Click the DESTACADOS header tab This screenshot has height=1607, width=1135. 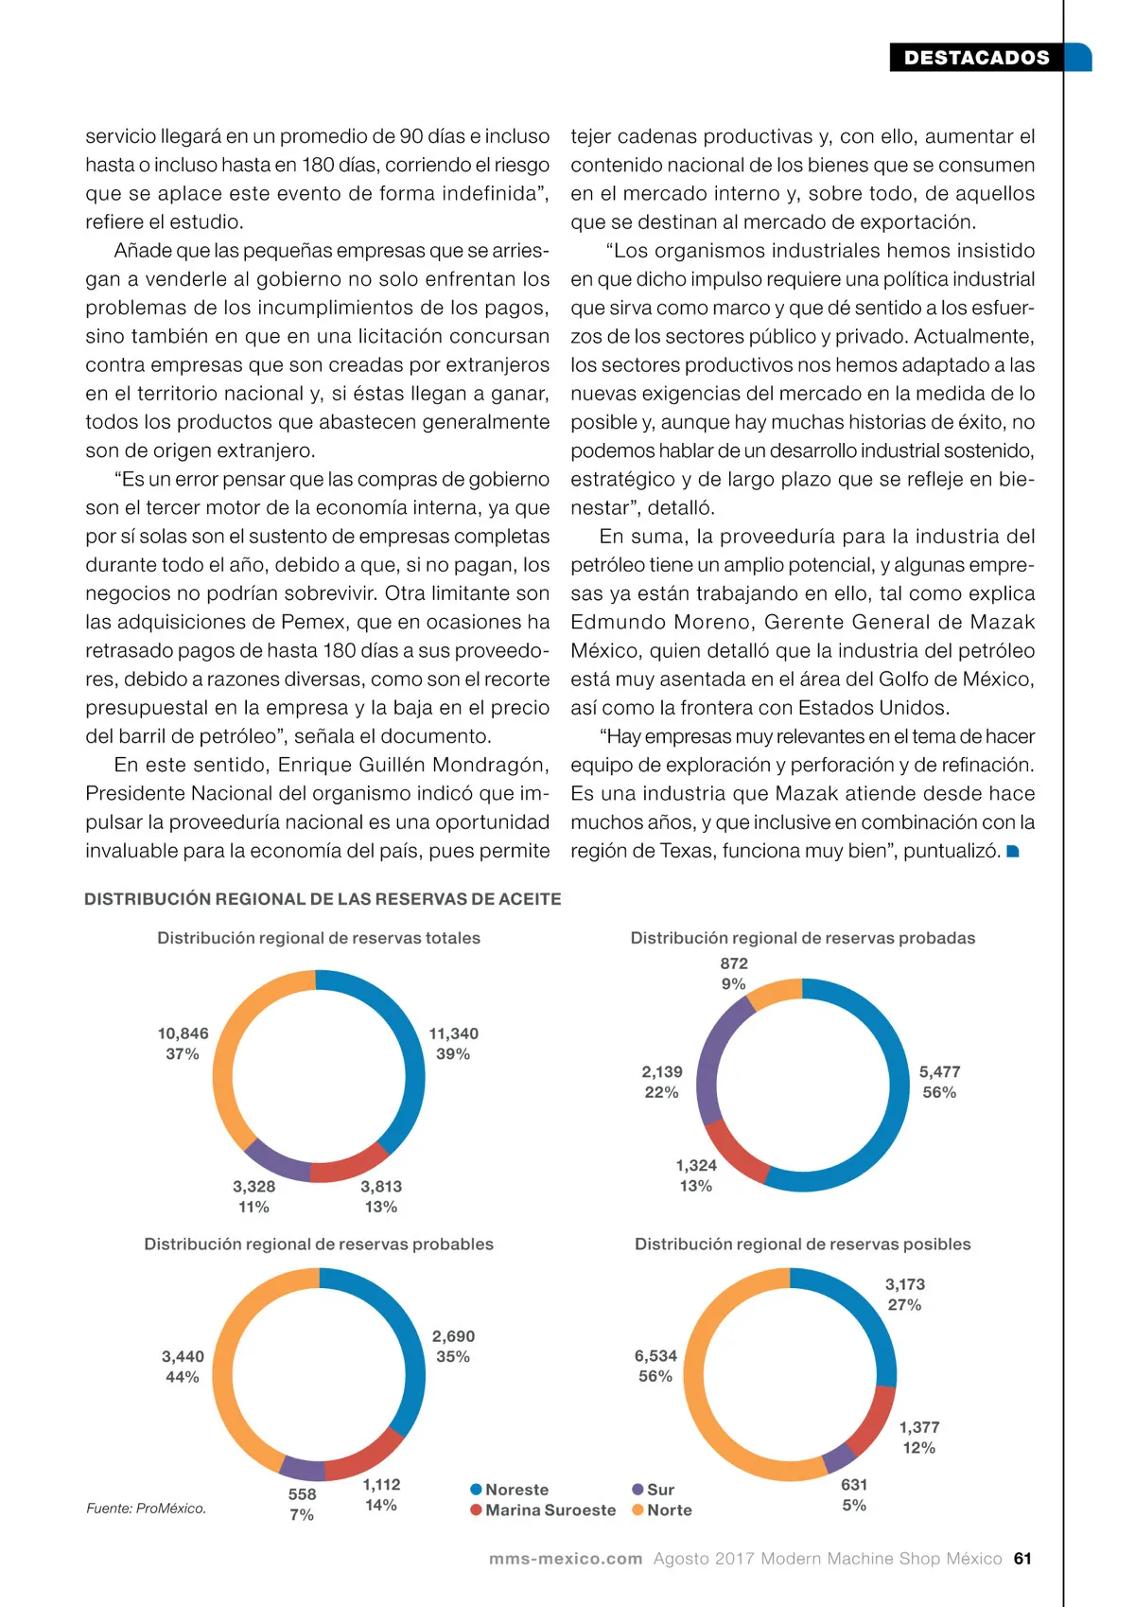coord(976,58)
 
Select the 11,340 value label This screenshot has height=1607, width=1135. coord(453,1033)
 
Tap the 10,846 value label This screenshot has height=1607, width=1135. coord(183,1033)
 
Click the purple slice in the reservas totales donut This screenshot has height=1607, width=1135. coord(275,1162)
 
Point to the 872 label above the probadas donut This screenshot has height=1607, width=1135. coord(734,963)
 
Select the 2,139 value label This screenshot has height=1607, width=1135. coord(662,1072)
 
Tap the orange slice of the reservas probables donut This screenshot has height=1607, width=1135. coord(227,1363)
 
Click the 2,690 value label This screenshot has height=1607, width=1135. coord(453,1336)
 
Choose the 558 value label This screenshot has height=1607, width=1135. coord(302,1494)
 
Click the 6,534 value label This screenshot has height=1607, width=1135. coord(655,1356)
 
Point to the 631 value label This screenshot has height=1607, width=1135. coord(854,1485)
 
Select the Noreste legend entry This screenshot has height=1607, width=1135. coord(510,1490)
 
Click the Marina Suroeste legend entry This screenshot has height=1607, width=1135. coord(543,1510)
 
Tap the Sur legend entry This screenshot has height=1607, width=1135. coord(654,1490)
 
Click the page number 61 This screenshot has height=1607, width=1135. coord(1022,1559)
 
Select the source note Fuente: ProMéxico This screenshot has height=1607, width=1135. coord(146,1509)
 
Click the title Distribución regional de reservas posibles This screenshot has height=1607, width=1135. coord(802,1245)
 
